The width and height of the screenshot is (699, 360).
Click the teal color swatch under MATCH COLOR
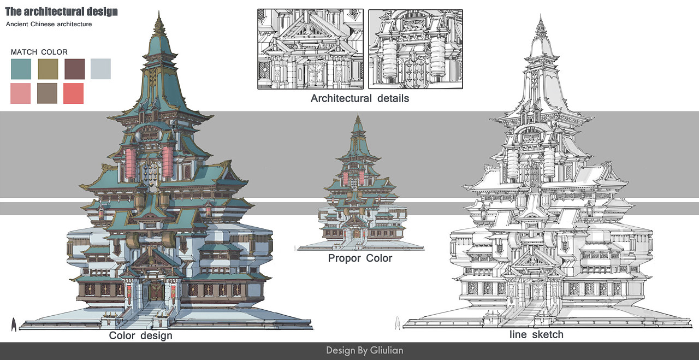[x=21, y=69]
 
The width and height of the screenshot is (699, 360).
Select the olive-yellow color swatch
[x=48, y=69]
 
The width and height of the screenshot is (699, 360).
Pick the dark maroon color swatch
[x=75, y=69]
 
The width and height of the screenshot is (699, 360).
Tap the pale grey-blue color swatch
[x=100, y=69]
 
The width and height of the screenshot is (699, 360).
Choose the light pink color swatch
[x=21, y=93]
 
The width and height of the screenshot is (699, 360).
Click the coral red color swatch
[x=73, y=93]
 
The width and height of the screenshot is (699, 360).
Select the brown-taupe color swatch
[x=47, y=93]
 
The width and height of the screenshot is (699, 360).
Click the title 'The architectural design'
[x=61, y=11]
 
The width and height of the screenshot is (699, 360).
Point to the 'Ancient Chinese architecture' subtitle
[x=49, y=25]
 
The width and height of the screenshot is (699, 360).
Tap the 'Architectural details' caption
[x=359, y=99]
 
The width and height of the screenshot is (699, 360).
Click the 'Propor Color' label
[x=360, y=258]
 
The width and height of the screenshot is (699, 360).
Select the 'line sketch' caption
[x=536, y=334]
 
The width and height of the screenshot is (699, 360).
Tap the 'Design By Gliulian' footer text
[x=364, y=350]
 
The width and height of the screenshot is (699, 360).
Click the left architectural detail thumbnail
[x=310, y=49]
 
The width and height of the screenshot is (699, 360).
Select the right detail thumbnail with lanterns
[x=415, y=49]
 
